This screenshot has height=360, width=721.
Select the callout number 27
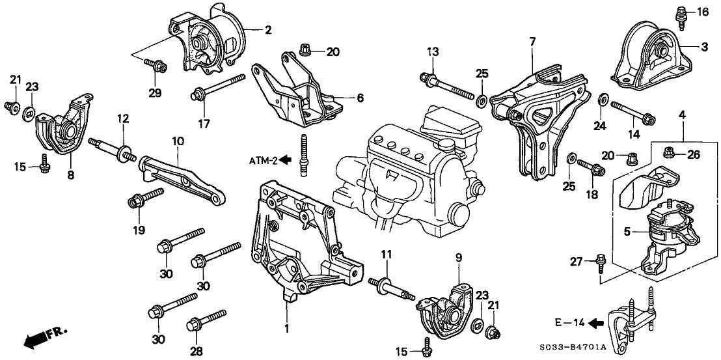point(577,262)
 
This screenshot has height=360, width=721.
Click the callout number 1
point(286,329)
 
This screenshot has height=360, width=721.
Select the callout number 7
point(532,42)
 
